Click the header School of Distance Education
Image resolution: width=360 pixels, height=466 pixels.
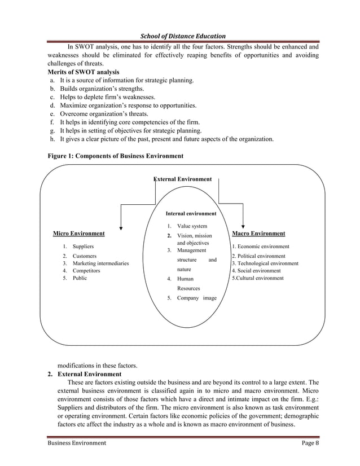(x=179, y=36)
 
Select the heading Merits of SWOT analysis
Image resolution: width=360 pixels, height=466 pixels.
(x=83, y=72)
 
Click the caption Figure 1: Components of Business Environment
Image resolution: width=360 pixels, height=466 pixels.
(x=115, y=155)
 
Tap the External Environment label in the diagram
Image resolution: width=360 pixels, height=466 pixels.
(x=183, y=179)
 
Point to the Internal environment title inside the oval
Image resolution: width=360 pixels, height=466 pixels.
(x=191, y=214)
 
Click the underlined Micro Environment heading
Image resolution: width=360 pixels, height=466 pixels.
(x=78, y=233)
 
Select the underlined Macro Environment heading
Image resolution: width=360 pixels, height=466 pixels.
(x=258, y=233)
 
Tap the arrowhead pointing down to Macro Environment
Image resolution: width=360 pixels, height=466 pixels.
(x=243, y=225)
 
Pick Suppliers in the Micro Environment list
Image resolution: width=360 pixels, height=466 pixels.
(x=83, y=247)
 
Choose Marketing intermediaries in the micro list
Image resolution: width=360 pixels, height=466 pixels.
(x=100, y=263)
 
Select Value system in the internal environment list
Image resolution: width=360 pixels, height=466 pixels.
(x=192, y=226)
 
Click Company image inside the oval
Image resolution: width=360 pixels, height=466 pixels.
(x=196, y=297)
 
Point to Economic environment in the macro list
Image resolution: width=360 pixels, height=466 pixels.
(x=262, y=247)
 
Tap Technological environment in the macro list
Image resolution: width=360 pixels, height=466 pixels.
(x=268, y=263)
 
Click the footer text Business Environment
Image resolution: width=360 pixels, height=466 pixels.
(x=76, y=443)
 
